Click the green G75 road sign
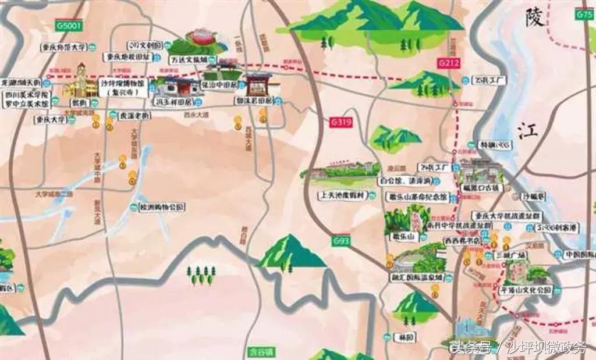pos(584,15)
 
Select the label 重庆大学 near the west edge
pos(50,119)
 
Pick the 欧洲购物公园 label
pos(161,206)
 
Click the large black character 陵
pos(534,17)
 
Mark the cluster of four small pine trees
pos(201,275)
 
